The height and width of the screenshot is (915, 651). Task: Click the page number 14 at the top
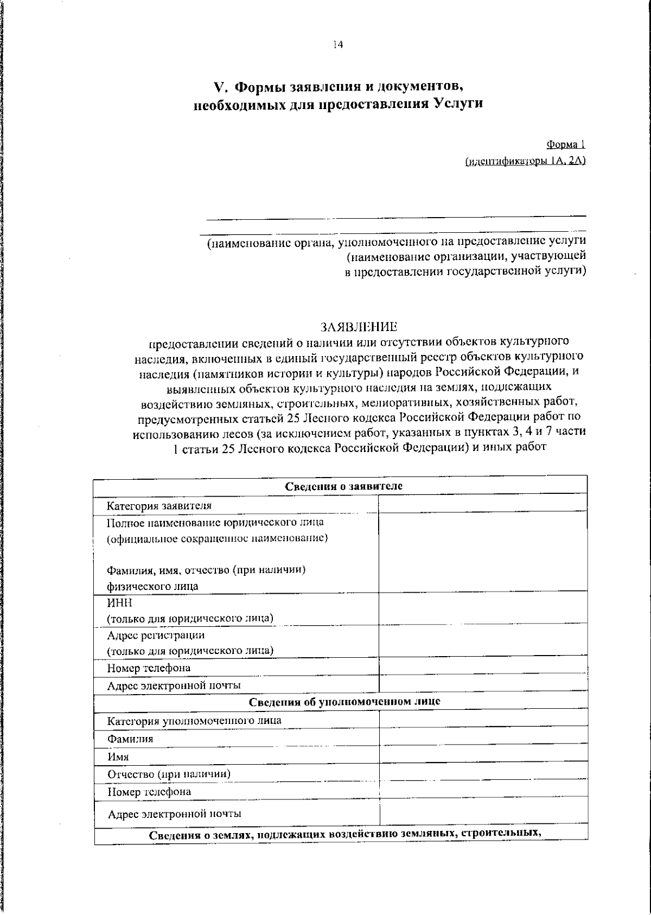(x=338, y=46)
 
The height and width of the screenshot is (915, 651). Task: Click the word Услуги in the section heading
(x=459, y=103)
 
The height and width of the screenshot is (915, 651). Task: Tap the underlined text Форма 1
(x=566, y=144)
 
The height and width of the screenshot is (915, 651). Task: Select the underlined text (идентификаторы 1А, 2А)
(x=526, y=161)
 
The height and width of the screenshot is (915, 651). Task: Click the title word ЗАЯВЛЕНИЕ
(x=359, y=327)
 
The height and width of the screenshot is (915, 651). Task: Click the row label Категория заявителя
(x=159, y=506)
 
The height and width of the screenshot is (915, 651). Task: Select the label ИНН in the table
(x=120, y=603)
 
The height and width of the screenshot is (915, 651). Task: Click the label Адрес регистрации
(x=156, y=635)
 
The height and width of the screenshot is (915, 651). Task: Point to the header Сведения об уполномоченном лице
(x=344, y=701)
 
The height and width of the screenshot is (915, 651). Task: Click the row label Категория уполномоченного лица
(x=194, y=721)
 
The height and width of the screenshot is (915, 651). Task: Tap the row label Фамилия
(x=130, y=739)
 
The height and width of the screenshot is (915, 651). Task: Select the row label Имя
(x=118, y=757)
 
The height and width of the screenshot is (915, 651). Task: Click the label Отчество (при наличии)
(x=169, y=774)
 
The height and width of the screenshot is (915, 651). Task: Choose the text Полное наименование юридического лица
(x=215, y=522)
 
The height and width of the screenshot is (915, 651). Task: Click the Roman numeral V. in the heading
(x=220, y=87)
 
